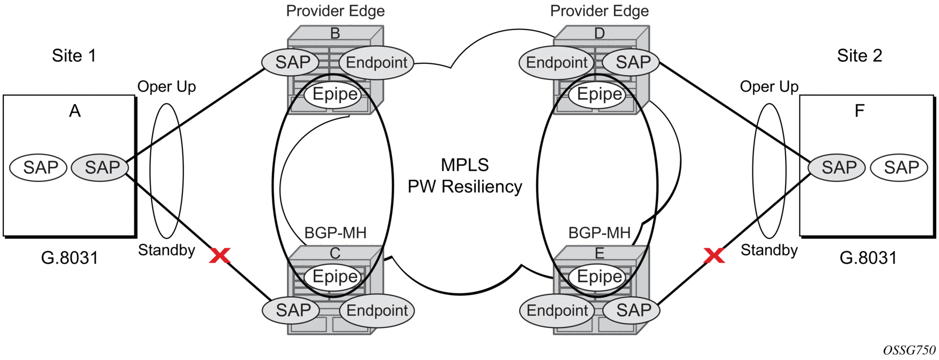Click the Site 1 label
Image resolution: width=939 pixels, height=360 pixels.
pyautogui.click(x=74, y=56)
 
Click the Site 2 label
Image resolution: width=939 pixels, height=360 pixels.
pyautogui.click(x=859, y=56)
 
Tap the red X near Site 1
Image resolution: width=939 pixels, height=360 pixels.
pyautogui.click(x=220, y=255)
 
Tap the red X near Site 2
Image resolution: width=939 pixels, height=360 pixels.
pyautogui.click(x=714, y=255)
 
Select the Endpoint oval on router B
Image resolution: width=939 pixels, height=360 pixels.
pyautogui.click(x=376, y=63)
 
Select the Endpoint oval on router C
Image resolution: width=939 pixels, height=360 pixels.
pyautogui.click(x=377, y=310)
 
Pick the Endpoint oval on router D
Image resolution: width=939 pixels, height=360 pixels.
pyautogui.click(x=557, y=63)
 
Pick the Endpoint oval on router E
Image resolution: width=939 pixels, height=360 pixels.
pyautogui.click(x=557, y=310)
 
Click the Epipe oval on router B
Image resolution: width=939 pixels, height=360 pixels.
pyautogui.click(x=335, y=94)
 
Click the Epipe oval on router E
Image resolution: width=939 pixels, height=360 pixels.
pyautogui.click(x=600, y=276)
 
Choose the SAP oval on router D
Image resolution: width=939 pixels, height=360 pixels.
pyautogui.click(x=633, y=62)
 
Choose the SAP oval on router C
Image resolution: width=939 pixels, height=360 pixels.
pyautogui.click(x=293, y=310)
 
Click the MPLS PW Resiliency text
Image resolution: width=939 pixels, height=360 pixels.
pyautogui.click(x=465, y=175)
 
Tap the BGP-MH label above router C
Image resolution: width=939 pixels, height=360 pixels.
pyautogui.click(x=335, y=233)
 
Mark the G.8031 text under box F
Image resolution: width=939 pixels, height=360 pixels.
pyautogui.click(x=868, y=258)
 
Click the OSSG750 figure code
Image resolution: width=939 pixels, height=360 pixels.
pyautogui.click(x=909, y=350)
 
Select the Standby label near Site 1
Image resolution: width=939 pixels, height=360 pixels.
pyautogui.click(x=166, y=250)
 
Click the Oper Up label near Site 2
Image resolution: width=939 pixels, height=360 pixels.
pyautogui.click(x=769, y=86)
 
